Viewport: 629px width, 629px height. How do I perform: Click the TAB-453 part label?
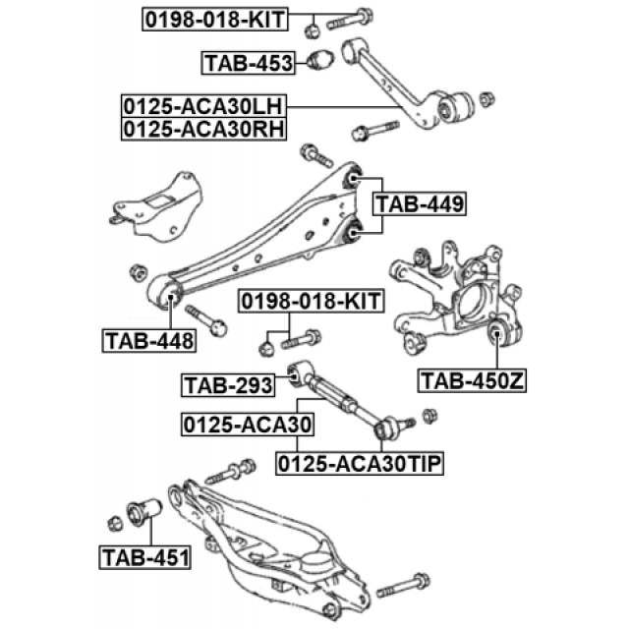249,64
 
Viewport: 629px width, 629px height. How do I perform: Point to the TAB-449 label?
419,203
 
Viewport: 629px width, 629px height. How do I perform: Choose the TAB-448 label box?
148,341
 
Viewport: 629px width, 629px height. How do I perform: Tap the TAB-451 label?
145,559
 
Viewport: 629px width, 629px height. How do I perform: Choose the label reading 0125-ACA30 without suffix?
246,425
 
